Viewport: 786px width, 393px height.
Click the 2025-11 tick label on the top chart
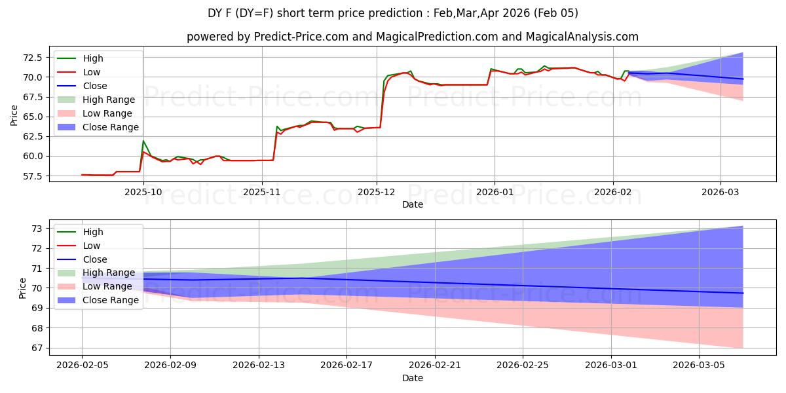point(262,192)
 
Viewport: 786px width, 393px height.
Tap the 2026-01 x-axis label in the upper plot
point(494,192)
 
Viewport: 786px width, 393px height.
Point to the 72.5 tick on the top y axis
point(32,58)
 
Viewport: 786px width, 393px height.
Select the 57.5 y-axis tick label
point(32,176)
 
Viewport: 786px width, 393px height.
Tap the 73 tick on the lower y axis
point(37,229)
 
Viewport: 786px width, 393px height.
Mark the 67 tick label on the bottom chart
point(37,348)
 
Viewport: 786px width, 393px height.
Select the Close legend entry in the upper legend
point(95,86)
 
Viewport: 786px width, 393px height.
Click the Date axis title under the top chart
point(413,204)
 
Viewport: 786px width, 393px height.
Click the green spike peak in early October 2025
point(143,141)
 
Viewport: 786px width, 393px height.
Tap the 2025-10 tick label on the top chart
point(143,192)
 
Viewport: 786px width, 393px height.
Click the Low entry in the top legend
point(92,72)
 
